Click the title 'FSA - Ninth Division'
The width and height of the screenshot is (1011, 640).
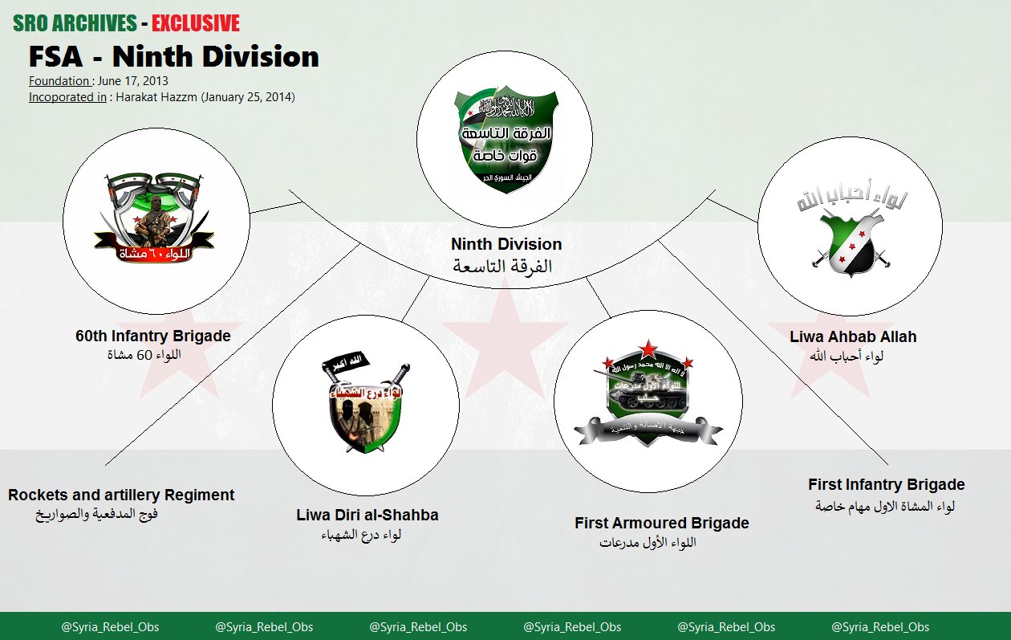(x=173, y=57)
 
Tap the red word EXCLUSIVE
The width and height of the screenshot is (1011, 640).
(x=196, y=23)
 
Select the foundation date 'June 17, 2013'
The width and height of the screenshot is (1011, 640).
(x=133, y=81)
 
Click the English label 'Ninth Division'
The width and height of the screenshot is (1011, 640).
(x=505, y=244)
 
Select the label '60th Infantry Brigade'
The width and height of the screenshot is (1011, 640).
(x=153, y=336)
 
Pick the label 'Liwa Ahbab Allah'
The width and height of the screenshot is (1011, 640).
(x=853, y=336)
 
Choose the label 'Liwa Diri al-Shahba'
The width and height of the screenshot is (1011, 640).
(x=367, y=515)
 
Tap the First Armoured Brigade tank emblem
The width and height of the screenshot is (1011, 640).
(x=648, y=398)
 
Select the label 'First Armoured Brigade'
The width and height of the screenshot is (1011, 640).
(x=662, y=523)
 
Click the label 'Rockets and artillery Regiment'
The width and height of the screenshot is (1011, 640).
(x=121, y=495)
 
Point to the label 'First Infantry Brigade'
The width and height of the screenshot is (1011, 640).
(x=887, y=484)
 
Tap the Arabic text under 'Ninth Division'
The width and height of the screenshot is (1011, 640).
(x=503, y=267)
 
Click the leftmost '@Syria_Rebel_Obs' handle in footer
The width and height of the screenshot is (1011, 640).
(x=110, y=627)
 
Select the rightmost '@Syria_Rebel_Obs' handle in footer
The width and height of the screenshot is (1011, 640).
(x=880, y=627)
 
